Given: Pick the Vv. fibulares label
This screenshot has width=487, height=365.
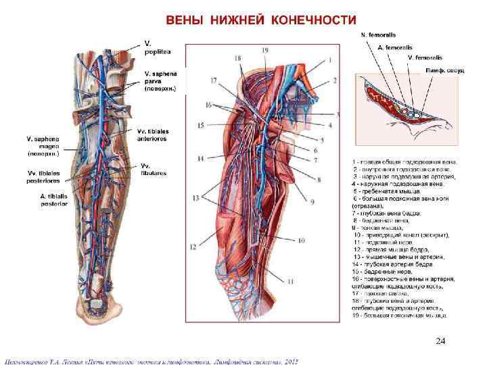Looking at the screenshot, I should click(x=153, y=169).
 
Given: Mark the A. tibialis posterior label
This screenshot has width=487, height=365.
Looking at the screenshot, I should click(x=47, y=200).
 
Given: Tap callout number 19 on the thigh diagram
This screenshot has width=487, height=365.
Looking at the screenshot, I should click(x=264, y=51).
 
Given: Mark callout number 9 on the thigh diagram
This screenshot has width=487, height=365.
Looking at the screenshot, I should click(x=312, y=201).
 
